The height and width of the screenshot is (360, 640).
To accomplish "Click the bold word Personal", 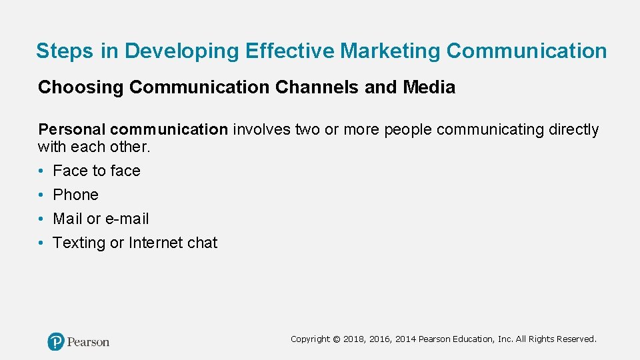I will pyautogui.click(x=71, y=129).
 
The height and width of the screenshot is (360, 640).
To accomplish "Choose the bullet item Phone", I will pyautogui.click(x=75, y=195).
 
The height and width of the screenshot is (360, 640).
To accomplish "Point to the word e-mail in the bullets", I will pyautogui.click(x=127, y=219).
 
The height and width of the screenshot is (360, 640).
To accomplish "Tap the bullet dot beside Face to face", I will pyautogui.click(x=41, y=171).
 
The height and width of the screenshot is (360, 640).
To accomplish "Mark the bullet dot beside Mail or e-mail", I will pyautogui.click(x=41, y=219).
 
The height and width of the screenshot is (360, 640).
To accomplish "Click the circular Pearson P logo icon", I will pyautogui.click(x=56, y=341).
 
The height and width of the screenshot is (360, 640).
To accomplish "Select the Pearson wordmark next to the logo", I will pyautogui.click(x=89, y=342).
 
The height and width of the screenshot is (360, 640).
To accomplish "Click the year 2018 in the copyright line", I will pyautogui.click(x=353, y=339).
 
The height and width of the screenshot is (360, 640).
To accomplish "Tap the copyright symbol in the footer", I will pyautogui.click(x=337, y=339).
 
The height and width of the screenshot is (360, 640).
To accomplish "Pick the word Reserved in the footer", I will pyautogui.click(x=579, y=339).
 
